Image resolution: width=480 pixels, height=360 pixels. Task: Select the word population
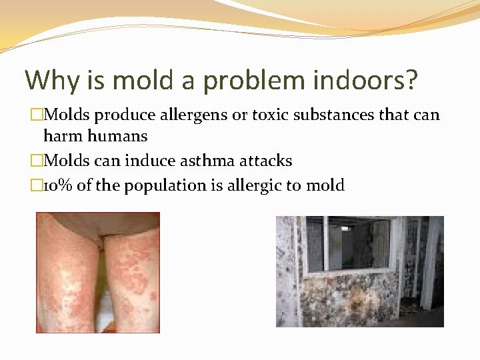148,186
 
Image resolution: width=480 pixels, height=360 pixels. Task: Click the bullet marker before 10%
37,185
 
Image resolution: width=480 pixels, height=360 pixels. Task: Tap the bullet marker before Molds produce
37,115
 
